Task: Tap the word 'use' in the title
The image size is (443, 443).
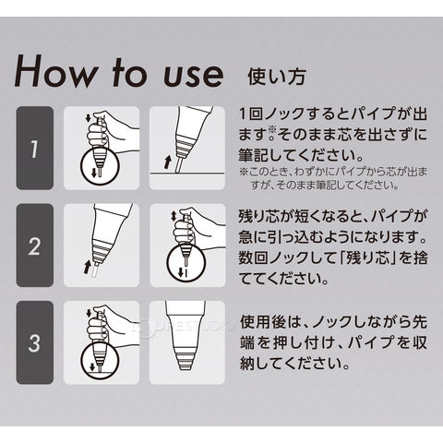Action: click(x=193, y=75)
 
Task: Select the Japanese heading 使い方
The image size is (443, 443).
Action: click(x=277, y=76)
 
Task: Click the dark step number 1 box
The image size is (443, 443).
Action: click(x=35, y=148)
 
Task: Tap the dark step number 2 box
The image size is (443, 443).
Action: click(x=35, y=245)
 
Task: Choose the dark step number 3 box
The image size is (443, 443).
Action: click(x=35, y=342)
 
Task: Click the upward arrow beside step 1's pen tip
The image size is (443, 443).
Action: click(x=168, y=162)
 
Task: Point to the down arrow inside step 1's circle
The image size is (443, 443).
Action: click(x=94, y=173)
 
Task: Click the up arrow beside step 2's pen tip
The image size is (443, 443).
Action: click(x=88, y=267)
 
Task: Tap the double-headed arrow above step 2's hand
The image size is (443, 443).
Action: click(x=174, y=216)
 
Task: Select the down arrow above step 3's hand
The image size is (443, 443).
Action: click(x=90, y=314)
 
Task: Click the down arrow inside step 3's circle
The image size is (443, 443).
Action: click(x=91, y=367)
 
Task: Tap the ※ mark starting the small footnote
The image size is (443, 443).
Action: click(x=244, y=172)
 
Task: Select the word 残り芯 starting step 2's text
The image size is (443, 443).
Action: click(x=264, y=217)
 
